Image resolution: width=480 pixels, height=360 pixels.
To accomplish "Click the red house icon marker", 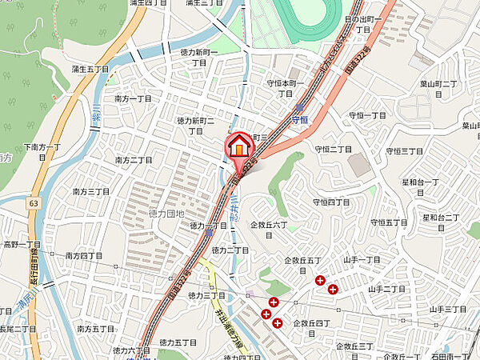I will pyautogui.click(x=238, y=147).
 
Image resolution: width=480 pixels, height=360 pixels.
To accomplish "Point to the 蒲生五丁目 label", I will pyautogui.click(x=90, y=70).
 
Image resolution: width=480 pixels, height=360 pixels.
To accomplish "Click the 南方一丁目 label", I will pyautogui.click(x=133, y=98).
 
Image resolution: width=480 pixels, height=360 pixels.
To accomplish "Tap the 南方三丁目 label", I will pyautogui.click(x=90, y=192).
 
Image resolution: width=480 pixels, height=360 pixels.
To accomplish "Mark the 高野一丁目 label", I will pyautogui.click(x=22, y=244).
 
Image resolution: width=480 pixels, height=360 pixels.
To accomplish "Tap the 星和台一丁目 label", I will pyautogui.click(x=419, y=187).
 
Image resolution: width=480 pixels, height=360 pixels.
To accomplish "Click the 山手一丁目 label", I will pyautogui.click(x=362, y=261).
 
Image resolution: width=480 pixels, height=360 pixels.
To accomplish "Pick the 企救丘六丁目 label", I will pyautogui.click(x=269, y=226).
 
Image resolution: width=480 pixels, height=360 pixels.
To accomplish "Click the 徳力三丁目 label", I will pyautogui.click(x=206, y=296).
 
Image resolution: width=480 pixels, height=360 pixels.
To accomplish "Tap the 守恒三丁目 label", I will pyautogui.click(x=402, y=150).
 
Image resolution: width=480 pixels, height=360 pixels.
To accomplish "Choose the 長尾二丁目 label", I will pyautogui.click(x=18, y=328).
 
